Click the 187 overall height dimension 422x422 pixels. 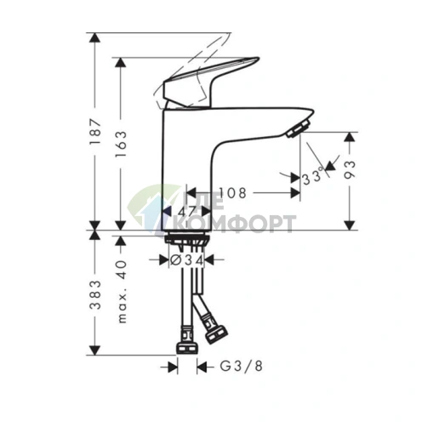click(x=95, y=132)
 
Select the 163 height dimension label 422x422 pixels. click(x=122, y=145)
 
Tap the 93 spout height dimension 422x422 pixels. click(x=350, y=169)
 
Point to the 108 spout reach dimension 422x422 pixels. click(x=232, y=193)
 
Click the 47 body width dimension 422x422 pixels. click(x=187, y=211)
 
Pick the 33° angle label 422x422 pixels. click(x=313, y=176)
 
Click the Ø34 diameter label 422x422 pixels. click(x=186, y=260)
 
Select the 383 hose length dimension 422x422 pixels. click(x=95, y=294)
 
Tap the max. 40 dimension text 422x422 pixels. click(x=122, y=292)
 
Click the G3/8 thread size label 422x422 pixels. click(x=242, y=366)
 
